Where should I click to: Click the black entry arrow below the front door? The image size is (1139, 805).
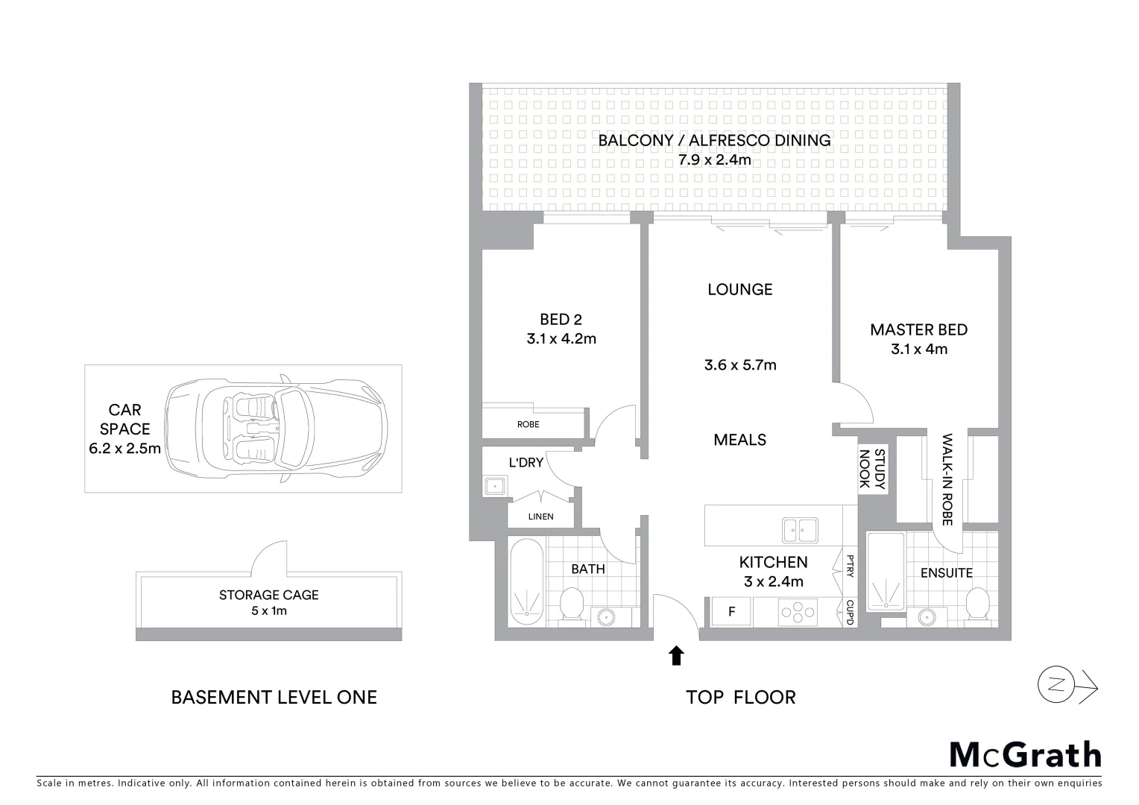(x=676, y=655)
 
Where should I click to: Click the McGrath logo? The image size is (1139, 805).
(x=1025, y=754)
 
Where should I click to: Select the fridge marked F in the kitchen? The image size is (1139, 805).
(x=731, y=612)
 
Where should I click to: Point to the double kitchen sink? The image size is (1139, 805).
(x=799, y=530)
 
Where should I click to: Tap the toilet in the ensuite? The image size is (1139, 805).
(x=977, y=604)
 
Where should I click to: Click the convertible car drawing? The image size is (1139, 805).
(x=276, y=429)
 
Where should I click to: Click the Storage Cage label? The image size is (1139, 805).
(x=268, y=595)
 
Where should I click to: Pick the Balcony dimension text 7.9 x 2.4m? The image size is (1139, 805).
(x=714, y=160)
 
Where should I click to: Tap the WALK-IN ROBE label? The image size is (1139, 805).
(x=947, y=480)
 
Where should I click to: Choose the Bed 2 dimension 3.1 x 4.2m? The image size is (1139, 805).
(x=561, y=339)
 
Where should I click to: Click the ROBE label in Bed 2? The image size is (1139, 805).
(x=528, y=424)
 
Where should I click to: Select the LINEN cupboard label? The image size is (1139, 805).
(x=540, y=517)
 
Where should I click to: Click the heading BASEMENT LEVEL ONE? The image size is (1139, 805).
(x=274, y=698)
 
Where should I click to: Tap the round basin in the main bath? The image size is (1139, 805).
(x=605, y=617)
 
